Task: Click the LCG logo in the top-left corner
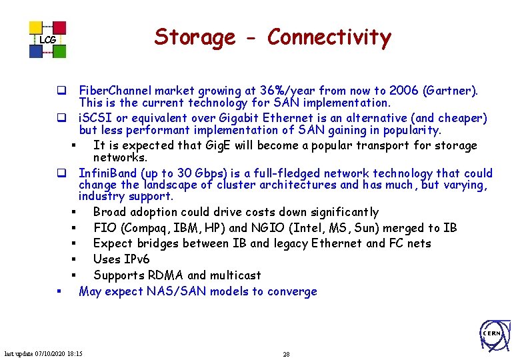click(47, 39)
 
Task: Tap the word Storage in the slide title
click(195, 37)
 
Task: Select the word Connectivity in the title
click(329, 37)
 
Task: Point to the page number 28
click(286, 354)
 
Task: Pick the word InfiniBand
click(107, 173)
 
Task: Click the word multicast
click(235, 275)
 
